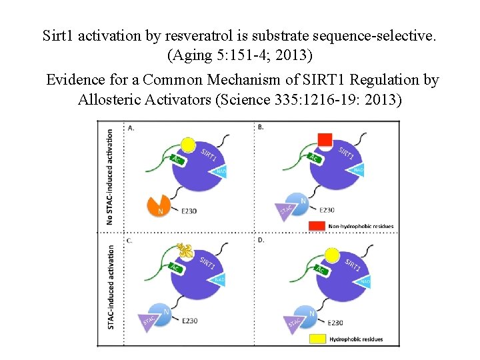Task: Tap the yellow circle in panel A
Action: [x=188, y=145]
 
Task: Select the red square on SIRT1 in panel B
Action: [x=325, y=141]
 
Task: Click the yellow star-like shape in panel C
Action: [x=186, y=251]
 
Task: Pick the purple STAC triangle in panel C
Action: [x=150, y=323]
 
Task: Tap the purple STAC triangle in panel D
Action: [x=294, y=323]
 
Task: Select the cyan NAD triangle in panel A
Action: [x=222, y=171]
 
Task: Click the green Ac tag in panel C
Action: [x=175, y=267]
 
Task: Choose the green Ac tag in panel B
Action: [x=313, y=158]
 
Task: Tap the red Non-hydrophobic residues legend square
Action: [x=317, y=226]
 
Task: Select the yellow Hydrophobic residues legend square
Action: [x=318, y=339]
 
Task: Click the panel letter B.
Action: [x=261, y=127]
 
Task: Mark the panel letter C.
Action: [x=128, y=239]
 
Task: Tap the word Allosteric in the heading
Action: [x=109, y=100]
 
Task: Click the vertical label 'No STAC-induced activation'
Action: [x=110, y=177]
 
